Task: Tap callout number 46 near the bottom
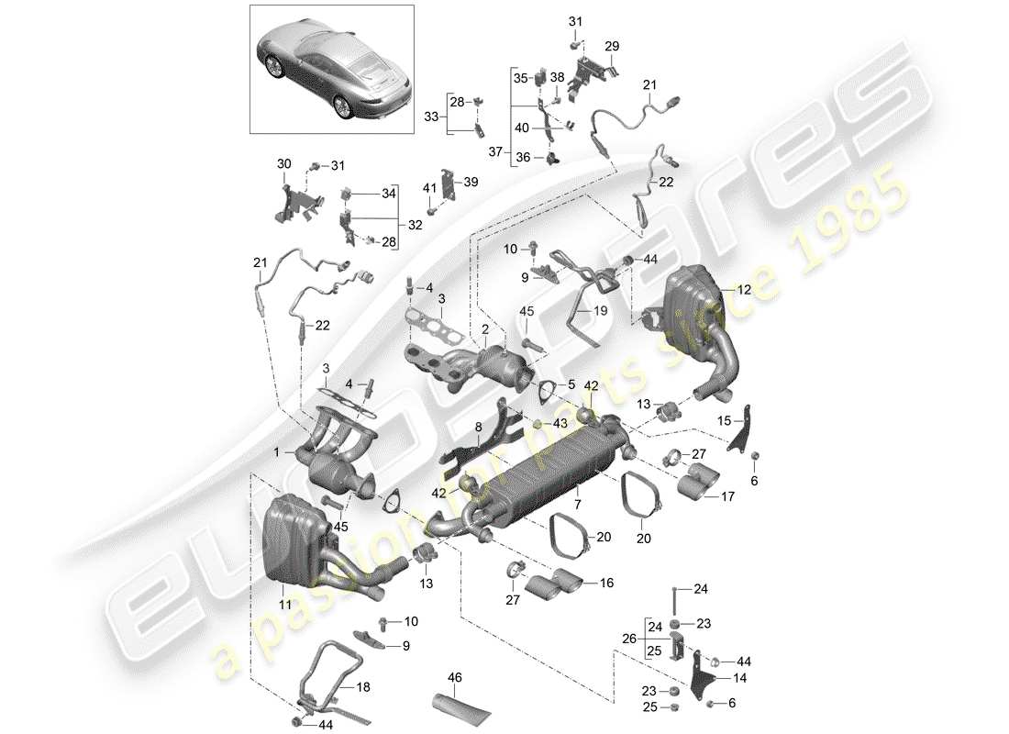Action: [x=455, y=678]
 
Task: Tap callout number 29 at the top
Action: [x=612, y=46]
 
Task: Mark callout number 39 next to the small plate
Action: [x=471, y=183]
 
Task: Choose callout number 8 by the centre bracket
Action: [x=478, y=427]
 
